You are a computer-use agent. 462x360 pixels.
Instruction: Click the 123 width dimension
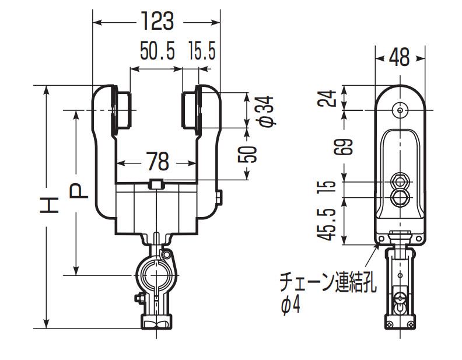157,22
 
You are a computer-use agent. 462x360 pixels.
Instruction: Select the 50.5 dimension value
157,53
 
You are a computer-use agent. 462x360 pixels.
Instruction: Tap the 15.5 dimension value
202,53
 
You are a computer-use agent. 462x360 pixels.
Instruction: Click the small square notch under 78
156,184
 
